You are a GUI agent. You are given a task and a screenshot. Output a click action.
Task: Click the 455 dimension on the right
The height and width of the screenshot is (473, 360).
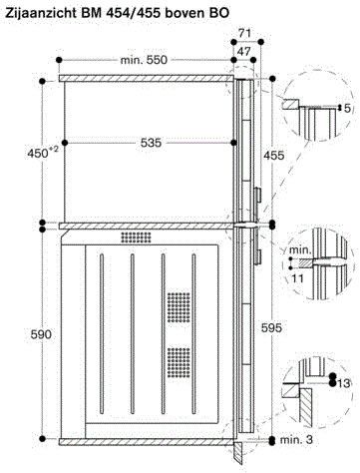pyautogui.click(x=271, y=156)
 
